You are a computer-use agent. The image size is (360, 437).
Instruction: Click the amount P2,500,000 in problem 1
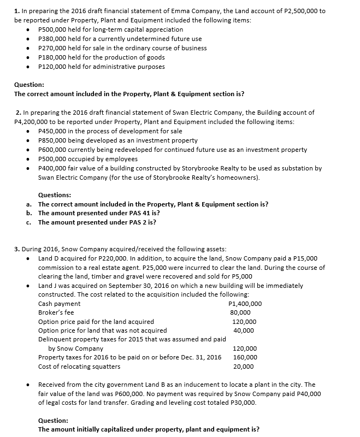[x=303, y=11]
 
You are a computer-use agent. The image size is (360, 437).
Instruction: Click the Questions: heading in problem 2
[x=55, y=195]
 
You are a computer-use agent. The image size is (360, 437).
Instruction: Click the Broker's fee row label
[x=56, y=313]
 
